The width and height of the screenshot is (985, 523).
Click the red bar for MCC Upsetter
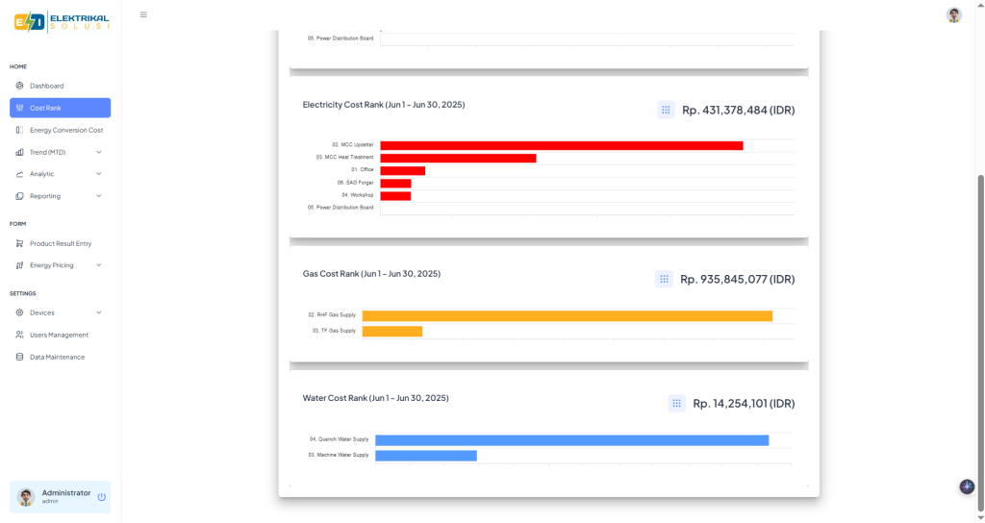coord(562,145)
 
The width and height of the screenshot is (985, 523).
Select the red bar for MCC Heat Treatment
coord(458,158)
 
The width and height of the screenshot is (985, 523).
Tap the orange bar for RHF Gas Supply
coord(567,316)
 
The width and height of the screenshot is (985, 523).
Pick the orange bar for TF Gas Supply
coord(392,332)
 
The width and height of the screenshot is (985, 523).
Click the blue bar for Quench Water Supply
coord(571,440)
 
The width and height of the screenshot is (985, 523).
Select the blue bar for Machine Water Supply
coord(426,456)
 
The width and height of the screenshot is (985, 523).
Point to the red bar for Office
coord(402,170)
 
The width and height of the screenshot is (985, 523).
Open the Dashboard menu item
coord(46,86)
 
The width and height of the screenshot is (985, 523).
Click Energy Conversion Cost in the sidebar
coord(65,130)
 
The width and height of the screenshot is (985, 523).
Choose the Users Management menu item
coord(59,335)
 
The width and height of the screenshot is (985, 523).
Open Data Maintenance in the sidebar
coord(57,357)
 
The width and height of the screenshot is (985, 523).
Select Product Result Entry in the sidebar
coord(60,243)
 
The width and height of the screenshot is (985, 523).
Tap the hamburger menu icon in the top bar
coord(143,14)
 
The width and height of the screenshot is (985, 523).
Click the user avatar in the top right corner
coord(953,14)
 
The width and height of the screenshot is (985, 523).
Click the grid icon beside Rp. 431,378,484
coord(666,110)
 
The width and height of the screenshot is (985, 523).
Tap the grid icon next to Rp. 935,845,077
coord(664,279)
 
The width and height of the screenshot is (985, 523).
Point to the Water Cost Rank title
coord(375,398)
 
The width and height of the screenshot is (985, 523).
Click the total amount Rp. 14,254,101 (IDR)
coord(744,404)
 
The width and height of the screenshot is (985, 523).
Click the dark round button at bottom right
coord(967,486)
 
